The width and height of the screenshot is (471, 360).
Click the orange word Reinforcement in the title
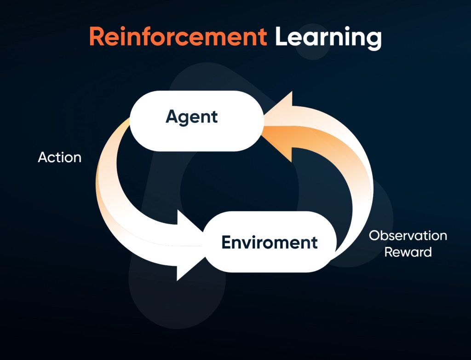pos(178,36)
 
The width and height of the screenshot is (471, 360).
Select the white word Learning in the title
pos(328,37)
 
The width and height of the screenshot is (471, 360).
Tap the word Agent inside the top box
pos(192,117)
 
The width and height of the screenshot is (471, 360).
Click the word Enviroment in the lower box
pos(270,242)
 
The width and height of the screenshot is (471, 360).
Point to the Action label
pos(60,157)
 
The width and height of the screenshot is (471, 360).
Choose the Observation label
pos(408,236)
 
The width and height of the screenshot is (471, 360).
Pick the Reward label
pos(408,252)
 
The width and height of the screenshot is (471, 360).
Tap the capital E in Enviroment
pos(226,242)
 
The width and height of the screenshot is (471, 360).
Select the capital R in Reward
pos(389,252)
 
